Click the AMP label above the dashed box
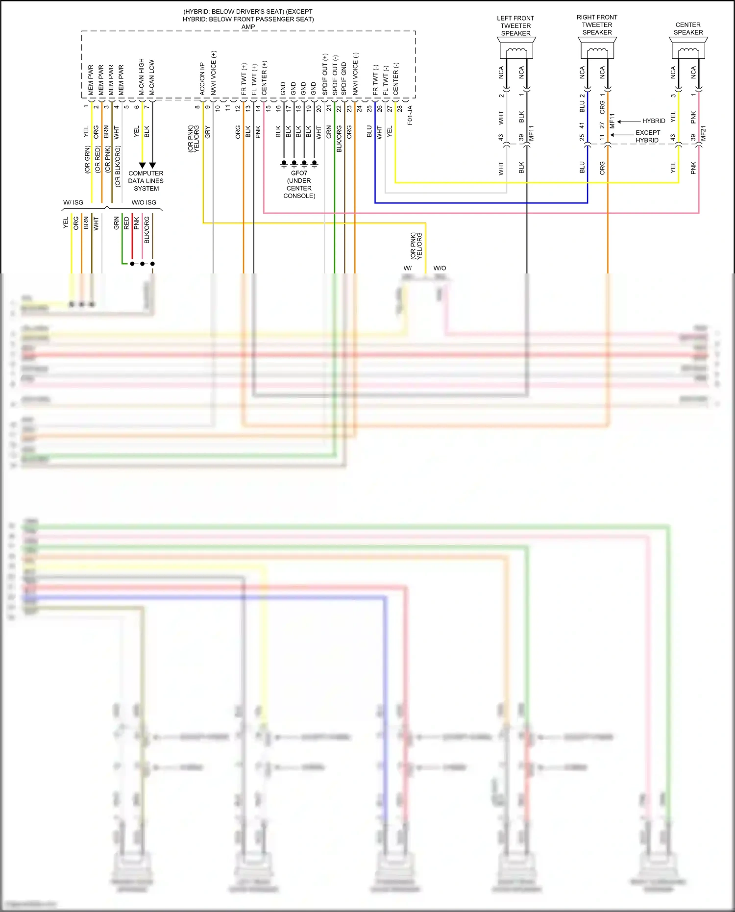click(x=248, y=27)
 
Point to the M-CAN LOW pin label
click(x=152, y=77)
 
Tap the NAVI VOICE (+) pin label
click(x=214, y=74)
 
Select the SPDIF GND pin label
click(x=344, y=78)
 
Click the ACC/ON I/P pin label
click(x=202, y=78)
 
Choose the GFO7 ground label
click(x=299, y=173)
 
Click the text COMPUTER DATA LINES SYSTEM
click(x=146, y=181)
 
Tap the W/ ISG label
click(x=73, y=202)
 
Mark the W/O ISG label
click(x=144, y=202)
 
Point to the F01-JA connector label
click(x=410, y=115)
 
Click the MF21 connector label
click(x=704, y=133)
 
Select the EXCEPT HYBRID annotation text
click(x=647, y=136)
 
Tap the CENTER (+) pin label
click(x=265, y=78)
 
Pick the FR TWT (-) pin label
click(x=375, y=79)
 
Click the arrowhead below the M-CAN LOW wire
click(x=152, y=166)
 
